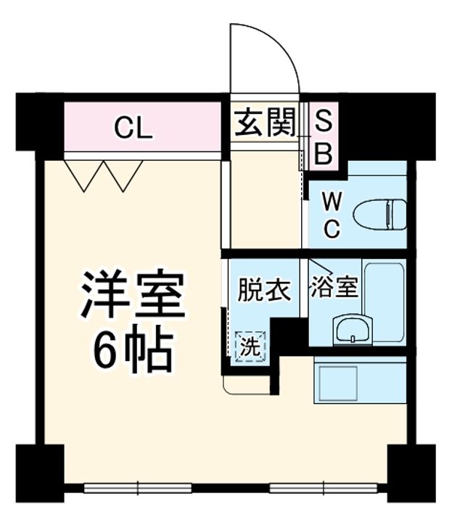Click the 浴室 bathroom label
click(x=334, y=288)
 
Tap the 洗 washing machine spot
click(x=250, y=346)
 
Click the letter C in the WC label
click(x=331, y=230)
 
